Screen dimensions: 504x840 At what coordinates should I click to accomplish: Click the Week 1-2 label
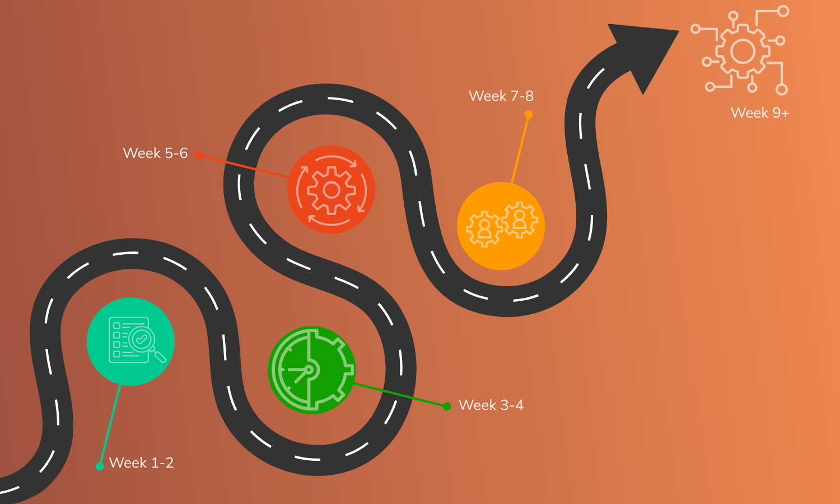pos(141,463)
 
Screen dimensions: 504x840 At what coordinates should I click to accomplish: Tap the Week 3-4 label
pos(491,405)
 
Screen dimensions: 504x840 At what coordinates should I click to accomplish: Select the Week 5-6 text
pos(155,153)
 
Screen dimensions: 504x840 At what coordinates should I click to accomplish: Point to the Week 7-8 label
pos(501,96)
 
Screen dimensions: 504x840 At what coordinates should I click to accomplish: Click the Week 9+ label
pos(759,113)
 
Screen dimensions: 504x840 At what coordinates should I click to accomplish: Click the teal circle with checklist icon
pos(130,342)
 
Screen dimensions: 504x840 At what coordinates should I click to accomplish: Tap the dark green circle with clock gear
pos(311,370)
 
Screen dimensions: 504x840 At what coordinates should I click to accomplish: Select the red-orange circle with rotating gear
pos(331,190)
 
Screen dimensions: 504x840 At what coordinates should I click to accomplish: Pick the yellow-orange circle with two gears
pos(501,226)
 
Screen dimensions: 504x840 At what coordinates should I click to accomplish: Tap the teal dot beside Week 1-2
pos(100,466)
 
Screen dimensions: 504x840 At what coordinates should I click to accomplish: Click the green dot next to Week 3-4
pos(446,407)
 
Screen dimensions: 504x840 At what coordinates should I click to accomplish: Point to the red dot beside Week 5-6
pos(198,155)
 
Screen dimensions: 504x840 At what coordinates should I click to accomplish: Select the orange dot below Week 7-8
pos(528,115)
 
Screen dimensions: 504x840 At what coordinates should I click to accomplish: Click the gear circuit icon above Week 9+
pos(742,52)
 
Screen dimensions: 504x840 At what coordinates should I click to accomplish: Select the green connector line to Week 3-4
pos(400,395)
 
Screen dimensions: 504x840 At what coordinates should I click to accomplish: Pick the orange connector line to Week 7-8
pos(520,148)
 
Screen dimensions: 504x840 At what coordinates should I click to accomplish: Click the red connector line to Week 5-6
pos(244,166)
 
